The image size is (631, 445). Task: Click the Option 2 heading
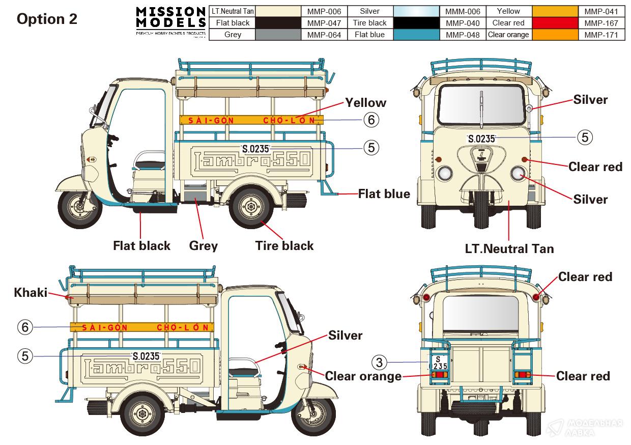(x=47, y=19)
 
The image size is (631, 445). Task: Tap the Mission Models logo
(x=170, y=21)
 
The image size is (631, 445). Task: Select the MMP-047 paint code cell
(x=324, y=23)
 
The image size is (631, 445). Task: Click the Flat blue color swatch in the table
(x=416, y=35)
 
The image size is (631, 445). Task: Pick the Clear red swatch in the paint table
(x=555, y=23)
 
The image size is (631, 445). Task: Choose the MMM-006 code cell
(x=463, y=12)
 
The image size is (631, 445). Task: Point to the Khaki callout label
(x=31, y=293)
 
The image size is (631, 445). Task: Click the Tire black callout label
(x=284, y=246)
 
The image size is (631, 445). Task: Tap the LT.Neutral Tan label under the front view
(x=509, y=249)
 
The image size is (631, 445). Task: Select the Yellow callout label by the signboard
(x=366, y=103)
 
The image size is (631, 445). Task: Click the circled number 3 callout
(x=379, y=363)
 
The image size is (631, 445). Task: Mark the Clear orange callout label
(x=363, y=376)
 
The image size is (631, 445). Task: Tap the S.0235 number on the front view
(x=481, y=139)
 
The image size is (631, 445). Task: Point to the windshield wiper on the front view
(x=481, y=109)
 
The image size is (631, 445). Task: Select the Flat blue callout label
(x=384, y=194)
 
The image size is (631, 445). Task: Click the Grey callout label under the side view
(x=204, y=246)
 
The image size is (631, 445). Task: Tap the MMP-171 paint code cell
(x=601, y=35)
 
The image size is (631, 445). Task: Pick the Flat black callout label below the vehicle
(x=141, y=246)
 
